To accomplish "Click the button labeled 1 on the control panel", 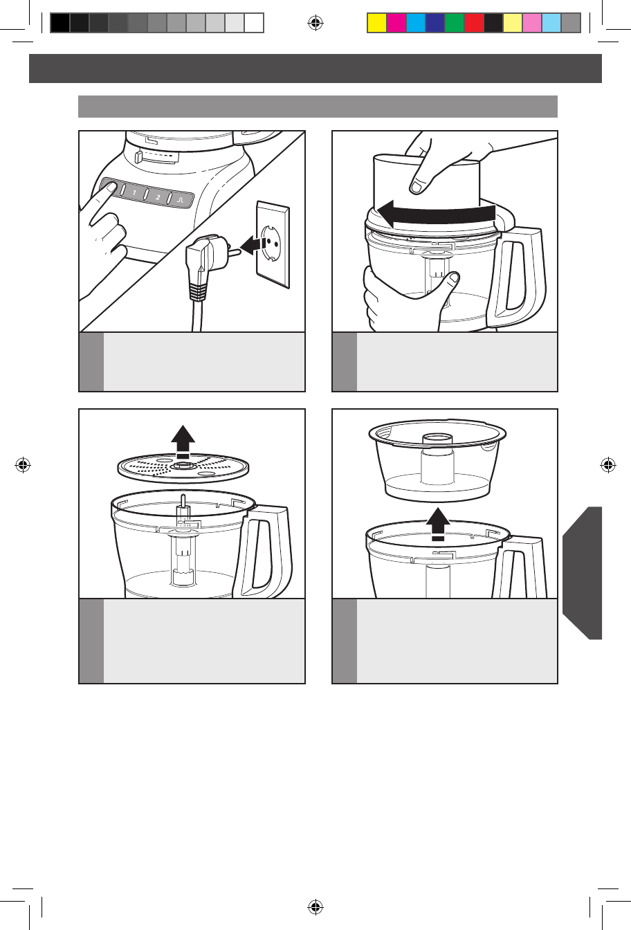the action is tap(134, 192).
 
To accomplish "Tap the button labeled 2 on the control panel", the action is tap(158, 197).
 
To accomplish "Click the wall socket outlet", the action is tap(273, 244).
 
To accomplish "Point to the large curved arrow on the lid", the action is tap(437, 214).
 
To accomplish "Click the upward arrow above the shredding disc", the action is tap(183, 441).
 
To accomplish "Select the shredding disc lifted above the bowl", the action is tap(183, 468).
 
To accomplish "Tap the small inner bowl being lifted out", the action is tap(437, 459).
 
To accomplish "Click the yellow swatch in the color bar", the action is tap(377, 23).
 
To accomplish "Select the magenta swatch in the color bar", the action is tap(396, 23).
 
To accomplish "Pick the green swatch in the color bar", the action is tap(455, 23).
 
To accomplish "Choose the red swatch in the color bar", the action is tap(474, 23).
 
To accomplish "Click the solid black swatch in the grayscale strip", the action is tap(60, 23).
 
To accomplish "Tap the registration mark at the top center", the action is tap(315, 23).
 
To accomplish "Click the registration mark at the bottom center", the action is tap(315, 906).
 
